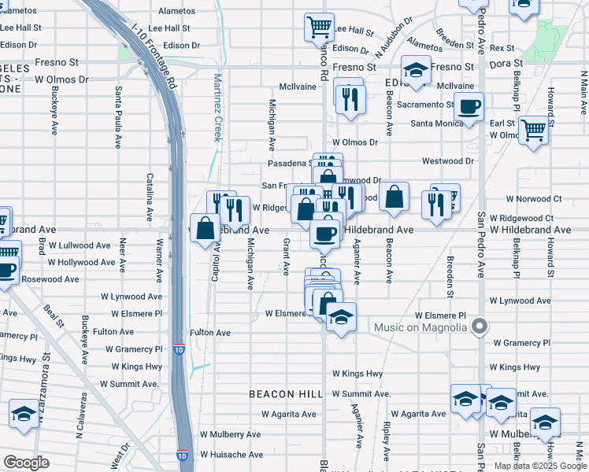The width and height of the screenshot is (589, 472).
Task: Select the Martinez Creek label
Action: [218, 107]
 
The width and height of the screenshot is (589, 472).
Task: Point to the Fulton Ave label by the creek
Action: [209, 333]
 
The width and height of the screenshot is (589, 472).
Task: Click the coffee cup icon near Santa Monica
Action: [469, 106]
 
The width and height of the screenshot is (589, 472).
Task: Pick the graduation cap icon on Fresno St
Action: [416, 71]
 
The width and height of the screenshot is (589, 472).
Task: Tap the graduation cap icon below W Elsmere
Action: [341, 317]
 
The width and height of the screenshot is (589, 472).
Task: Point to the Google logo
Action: [26, 463]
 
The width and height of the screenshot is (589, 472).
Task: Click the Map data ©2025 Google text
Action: [541, 466]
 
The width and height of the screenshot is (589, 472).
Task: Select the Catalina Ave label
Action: [149, 195]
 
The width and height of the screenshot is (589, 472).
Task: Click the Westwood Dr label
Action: [448, 161]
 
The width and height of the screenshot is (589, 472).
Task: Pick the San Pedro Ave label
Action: [481, 240]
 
